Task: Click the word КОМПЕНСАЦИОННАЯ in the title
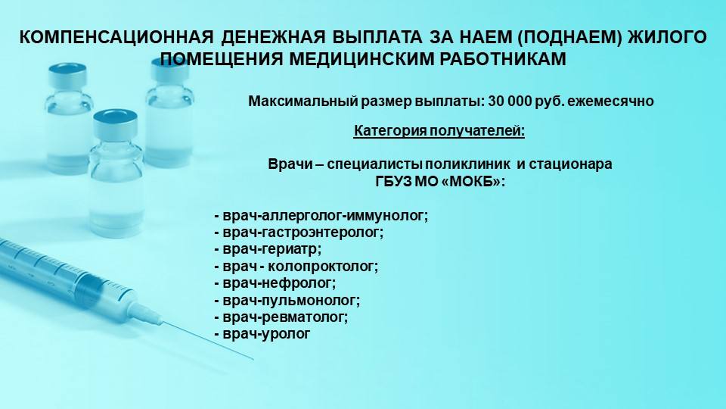pyautogui.click(x=116, y=38)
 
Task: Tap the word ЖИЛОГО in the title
pyautogui.click(x=667, y=38)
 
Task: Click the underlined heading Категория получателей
pyautogui.click(x=439, y=132)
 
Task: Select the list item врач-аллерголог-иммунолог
pyautogui.click(x=321, y=216)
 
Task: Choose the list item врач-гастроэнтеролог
pyautogui.click(x=299, y=233)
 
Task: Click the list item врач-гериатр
pyautogui.click(x=268, y=249)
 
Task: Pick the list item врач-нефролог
pyautogui.click(x=275, y=283)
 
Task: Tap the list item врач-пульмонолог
pyautogui.click(x=287, y=301)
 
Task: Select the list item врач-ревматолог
pyautogui.click(x=281, y=317)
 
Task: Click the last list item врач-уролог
pyautogui.click(x=262, y=334)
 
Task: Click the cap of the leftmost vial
pyautogui.click(x=67, y=75)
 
